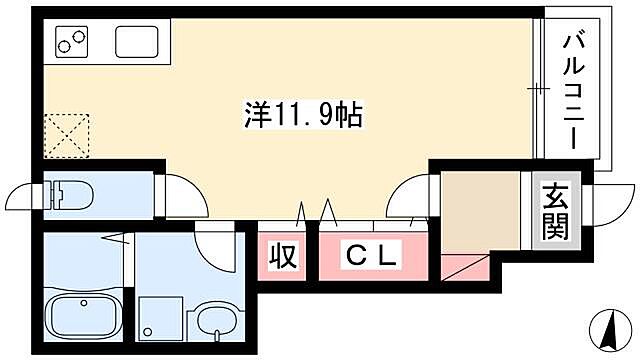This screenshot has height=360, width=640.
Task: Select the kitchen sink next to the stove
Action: coord(138,42)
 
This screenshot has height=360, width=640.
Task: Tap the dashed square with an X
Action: coord(67,136)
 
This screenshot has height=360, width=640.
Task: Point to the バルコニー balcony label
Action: coord(573,91)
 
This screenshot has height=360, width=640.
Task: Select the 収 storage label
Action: coord(283,256)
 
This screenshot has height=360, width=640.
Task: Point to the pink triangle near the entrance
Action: coord(460,268)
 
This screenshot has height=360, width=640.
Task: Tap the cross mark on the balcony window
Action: coord(537,92)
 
